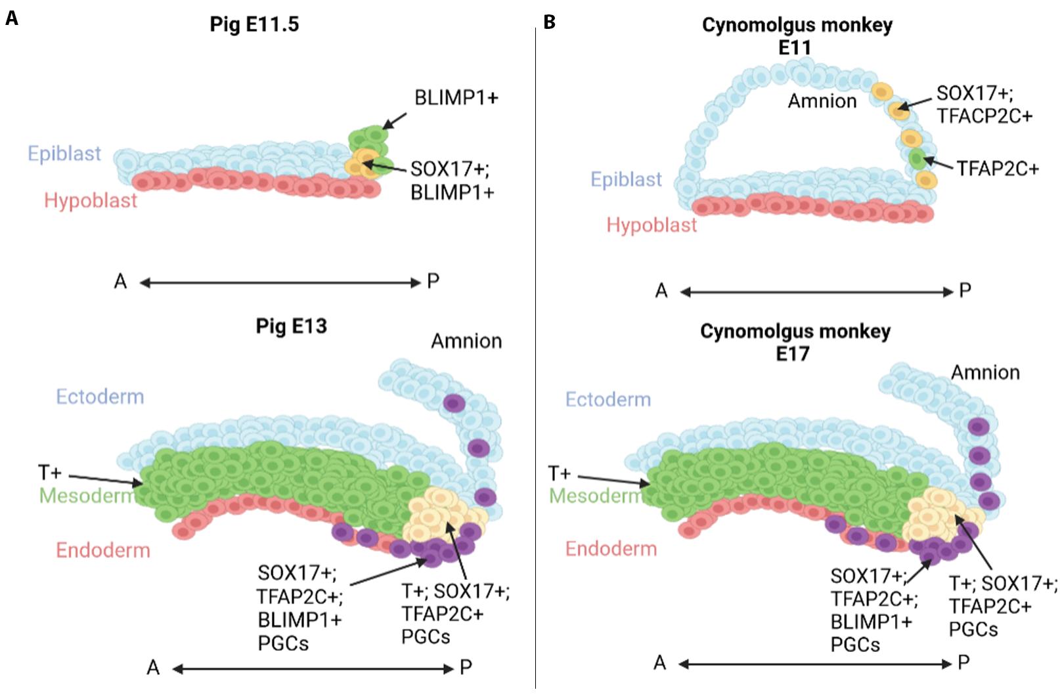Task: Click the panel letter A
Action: [11, 18]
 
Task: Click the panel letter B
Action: [550, 22]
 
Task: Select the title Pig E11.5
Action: [254, 24]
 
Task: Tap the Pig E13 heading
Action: [291, 326]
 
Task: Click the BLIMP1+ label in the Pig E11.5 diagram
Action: [456, 98]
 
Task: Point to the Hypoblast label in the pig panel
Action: [91, 200]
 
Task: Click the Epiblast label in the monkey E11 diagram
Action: [626, 179]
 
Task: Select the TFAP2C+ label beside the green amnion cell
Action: [997, 169]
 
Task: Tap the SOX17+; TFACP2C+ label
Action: [984, 104]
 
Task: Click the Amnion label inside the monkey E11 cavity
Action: [822, 101]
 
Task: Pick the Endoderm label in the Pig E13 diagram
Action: [103, 550]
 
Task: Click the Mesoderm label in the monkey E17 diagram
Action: [596, 495]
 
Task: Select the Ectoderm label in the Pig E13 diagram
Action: [100, 397]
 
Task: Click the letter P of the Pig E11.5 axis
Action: [433, 282]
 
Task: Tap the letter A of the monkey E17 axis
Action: [660, 662]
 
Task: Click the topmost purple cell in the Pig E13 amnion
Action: [453, 402]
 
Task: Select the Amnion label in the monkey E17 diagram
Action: [985, 372]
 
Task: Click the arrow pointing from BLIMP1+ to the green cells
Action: [394, 121]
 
